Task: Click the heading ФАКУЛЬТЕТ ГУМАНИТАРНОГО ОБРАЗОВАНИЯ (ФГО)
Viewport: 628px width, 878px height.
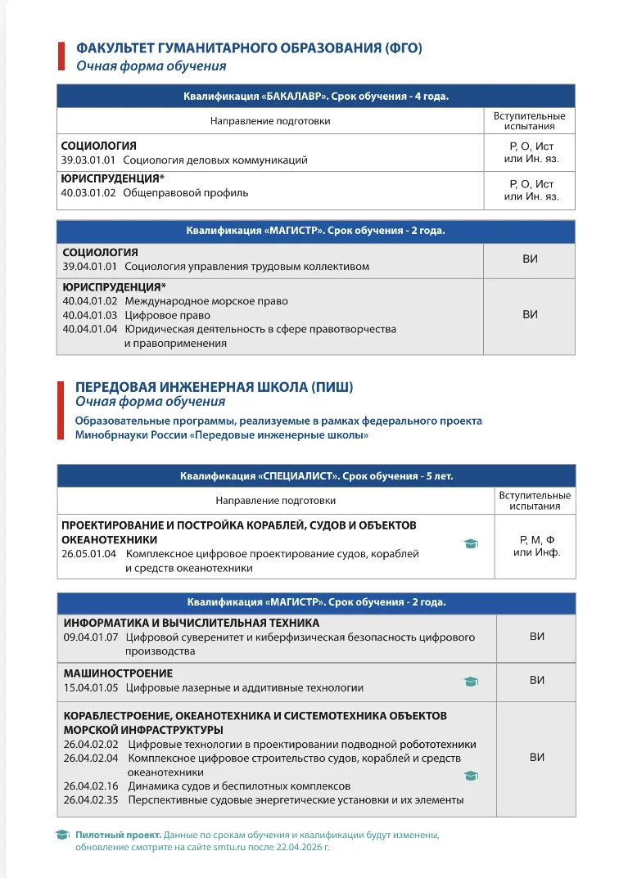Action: [x=249, y=48]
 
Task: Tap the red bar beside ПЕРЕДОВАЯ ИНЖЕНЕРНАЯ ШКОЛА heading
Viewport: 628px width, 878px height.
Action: [x=61, y=409]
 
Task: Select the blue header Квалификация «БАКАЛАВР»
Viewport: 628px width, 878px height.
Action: [x=316, y=97]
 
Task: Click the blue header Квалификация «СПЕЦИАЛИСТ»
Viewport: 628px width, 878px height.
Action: [x=316, y=475]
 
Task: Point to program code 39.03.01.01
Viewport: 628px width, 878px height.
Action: [x=88, y=160]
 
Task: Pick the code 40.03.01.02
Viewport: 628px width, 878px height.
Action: [x=88, y=193]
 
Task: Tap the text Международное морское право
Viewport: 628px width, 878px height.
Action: [x=206, y=301]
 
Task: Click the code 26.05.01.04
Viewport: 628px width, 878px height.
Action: [x=89, y=554]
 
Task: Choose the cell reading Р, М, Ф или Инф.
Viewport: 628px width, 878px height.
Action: [x=535, y=546]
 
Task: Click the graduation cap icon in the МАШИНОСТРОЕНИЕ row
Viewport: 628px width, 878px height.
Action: [x=471, y=681]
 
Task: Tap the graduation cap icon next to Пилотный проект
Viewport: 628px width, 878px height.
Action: [x=62, y=835]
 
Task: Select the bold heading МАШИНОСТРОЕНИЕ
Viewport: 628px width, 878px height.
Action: [x=118, y=673]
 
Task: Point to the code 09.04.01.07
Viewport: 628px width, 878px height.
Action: [x=91, y=637]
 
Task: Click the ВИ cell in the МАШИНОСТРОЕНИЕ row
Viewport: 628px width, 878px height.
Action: [x=536, y=680]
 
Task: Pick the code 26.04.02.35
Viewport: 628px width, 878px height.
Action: [x=91, y=799]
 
